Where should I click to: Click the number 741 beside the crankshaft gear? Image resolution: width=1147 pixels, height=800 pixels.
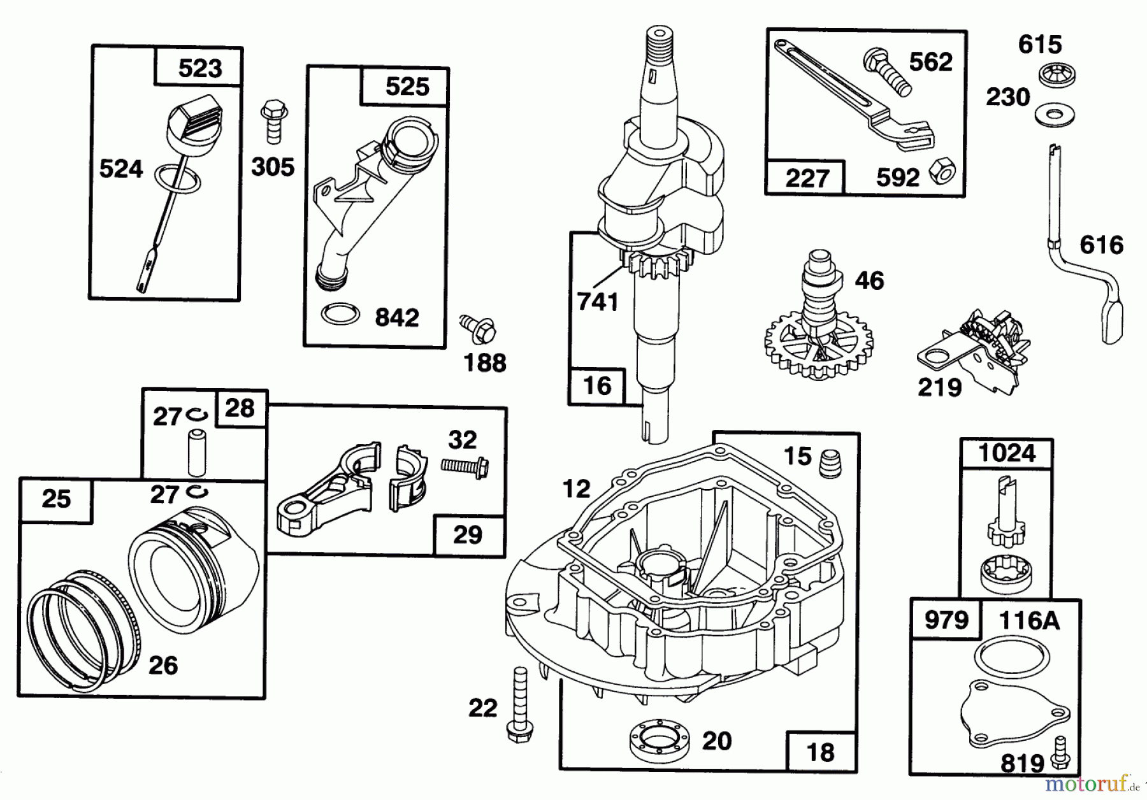click(x=597, y=301)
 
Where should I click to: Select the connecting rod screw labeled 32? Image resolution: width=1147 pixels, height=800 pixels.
click(x=465, y=466)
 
